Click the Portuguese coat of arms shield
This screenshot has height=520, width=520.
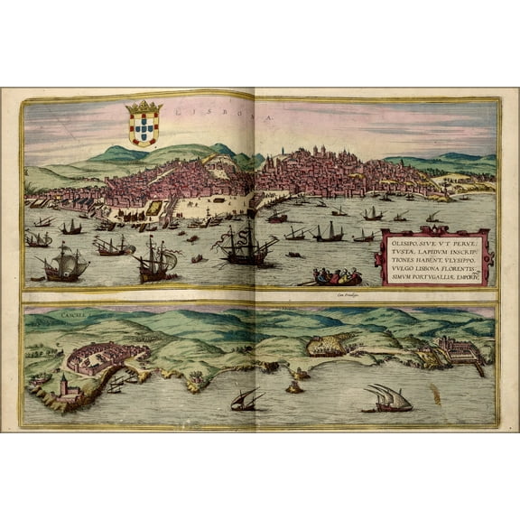point(144,129)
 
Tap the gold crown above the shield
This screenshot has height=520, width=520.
point(144,107)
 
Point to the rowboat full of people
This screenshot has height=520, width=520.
point(338,276)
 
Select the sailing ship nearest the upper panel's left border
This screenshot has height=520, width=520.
point(39,238)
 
